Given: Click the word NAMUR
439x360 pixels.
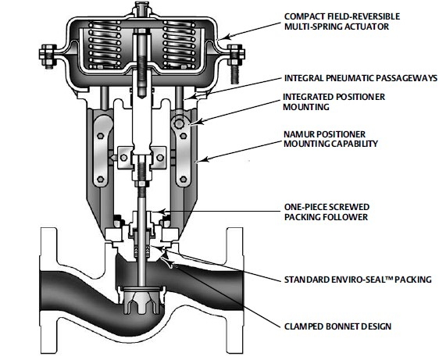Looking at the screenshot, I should [298, 134].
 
